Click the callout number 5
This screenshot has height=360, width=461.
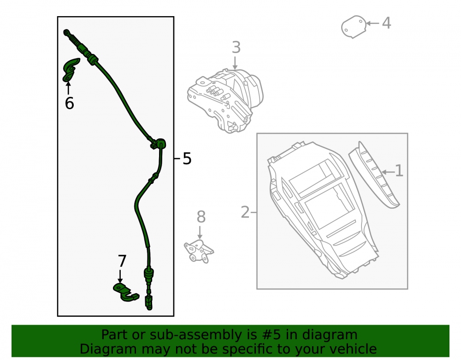tap(187, 159)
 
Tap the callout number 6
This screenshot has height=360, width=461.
tap(70, 103)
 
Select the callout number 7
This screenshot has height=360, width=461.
tap(122, 261)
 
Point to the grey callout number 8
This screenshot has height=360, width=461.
tap(201, 217)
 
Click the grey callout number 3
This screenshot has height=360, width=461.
tap(236, 47)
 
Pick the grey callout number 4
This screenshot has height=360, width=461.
tap(386, 23)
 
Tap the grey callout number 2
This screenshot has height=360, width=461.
tap(245, 212)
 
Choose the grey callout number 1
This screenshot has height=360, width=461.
tap(399, 171)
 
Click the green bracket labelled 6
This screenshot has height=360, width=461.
tap(71, 70)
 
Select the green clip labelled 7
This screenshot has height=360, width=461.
tap(125, 292)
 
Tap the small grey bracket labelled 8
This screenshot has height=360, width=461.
tap(198, 251)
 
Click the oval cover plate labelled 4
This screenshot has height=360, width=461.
tap(354, 27)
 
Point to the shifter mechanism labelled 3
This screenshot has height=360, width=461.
tap(225, 100)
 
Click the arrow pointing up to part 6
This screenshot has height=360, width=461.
tap(69, 88)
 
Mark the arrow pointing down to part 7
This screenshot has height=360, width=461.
tap(120, 276)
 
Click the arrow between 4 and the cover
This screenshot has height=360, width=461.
tap(372, 23)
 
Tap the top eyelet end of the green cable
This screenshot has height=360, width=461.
tap(66, 32)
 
